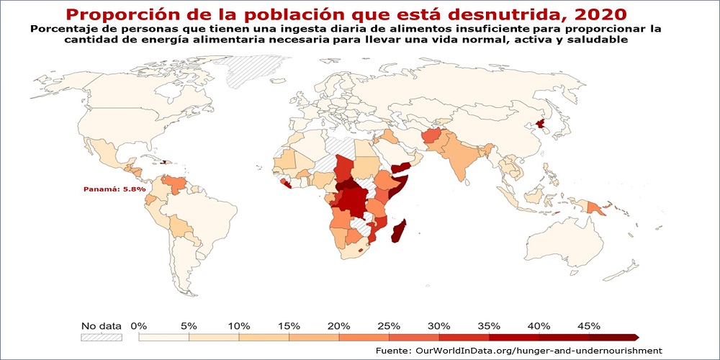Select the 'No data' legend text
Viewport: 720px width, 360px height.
tap(101, 325)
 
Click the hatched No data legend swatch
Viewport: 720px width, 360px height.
tap(101, 336)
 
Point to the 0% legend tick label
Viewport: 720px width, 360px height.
tap(139, 325)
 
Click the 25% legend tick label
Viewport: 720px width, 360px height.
tap(389, 325)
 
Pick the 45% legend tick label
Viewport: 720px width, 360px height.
tap(588, 325)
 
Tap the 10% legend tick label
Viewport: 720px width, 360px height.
tap(239, 325)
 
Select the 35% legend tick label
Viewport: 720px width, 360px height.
tap(489, 325)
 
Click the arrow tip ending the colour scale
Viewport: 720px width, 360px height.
tap(636, 336)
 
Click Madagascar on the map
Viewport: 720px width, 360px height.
tap(398, 232)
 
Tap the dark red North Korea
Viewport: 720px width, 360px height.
tap(539, 127)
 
